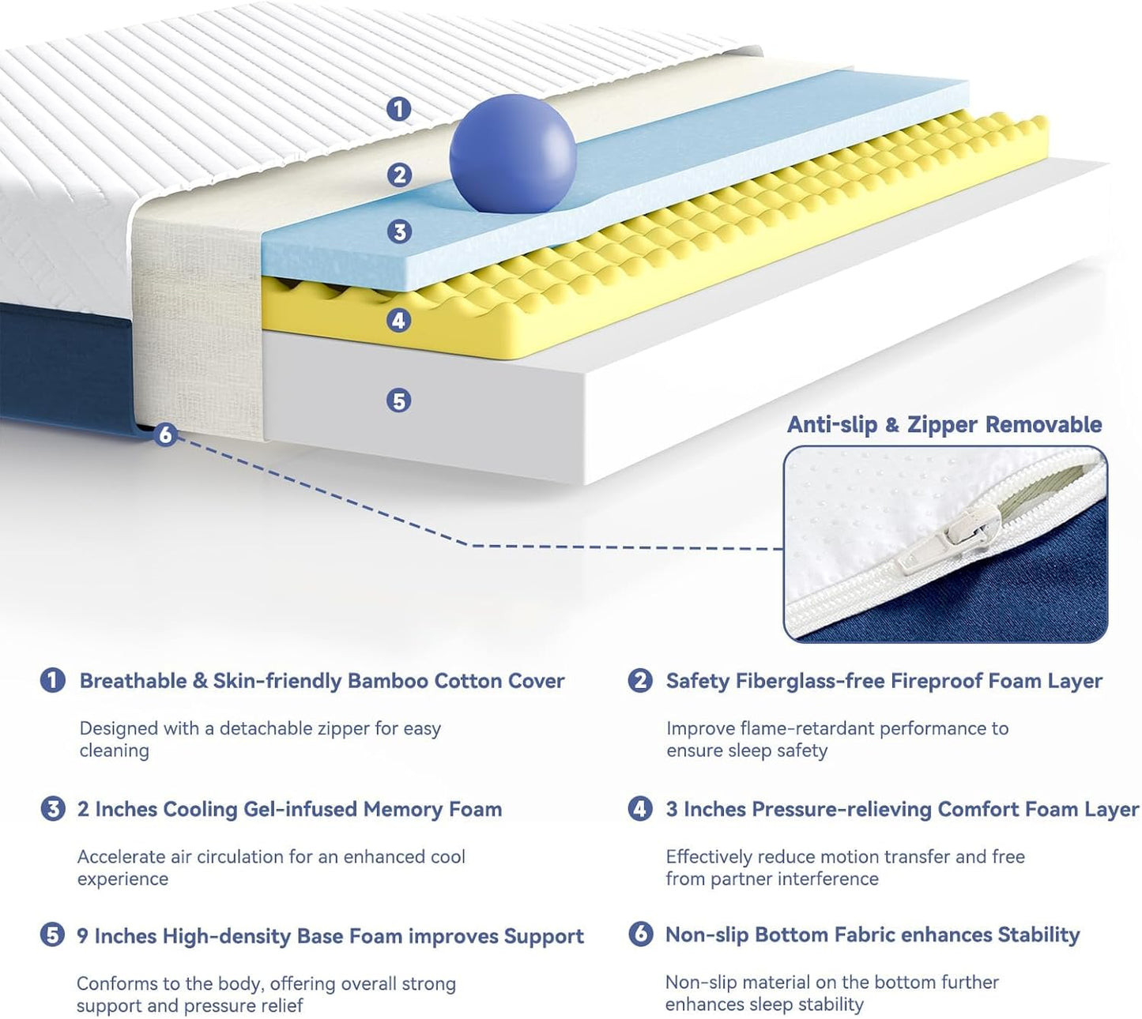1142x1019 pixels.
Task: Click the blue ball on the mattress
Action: pyautogui.click(x=512, y=153)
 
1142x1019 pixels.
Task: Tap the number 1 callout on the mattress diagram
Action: pyautogui.click(x=398, y=108)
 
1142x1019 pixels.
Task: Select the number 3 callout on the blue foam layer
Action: pyautogui.click(x=399, y=231)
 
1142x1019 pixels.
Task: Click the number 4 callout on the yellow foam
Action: pyautogui.click(x=399, y=320)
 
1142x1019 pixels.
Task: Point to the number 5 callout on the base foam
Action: pyautogui.click(x=398, y=400)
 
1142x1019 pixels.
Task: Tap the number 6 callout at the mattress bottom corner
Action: pyautogui.click(x=164, y=434)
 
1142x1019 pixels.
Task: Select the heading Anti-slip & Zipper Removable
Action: pyautogui.click(x=944, y=424)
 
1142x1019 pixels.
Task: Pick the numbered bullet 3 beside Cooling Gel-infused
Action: pyautogui.click(x=52, y=809)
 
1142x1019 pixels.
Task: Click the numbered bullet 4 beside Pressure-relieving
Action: pyautogui.click(x=639, y=809)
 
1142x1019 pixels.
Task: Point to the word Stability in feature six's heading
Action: pyautogui.click(x=1038, y=934)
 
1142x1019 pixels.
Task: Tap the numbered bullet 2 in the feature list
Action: pyautogui.click(x=639, y=680)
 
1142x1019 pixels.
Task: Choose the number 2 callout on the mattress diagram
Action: pyautogui.click(x=399, y=175)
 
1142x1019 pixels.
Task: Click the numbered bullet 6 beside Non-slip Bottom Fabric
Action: pyautogui.click(x=639, y=934)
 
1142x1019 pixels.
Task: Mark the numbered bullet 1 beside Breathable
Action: pyautogui.click(x=52, y=680)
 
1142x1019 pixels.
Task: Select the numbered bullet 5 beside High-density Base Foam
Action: pyautogui.click(x=52, y=936)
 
